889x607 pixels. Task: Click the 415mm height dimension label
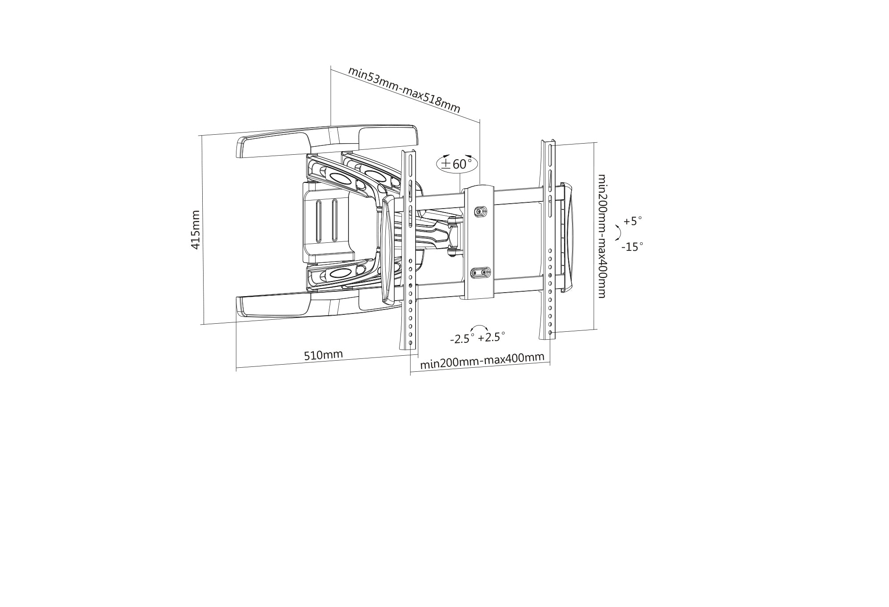click(x=196, y=229)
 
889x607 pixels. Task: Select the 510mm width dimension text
click(x=324, y=355)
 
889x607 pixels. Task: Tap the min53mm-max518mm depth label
click(x=404, y=90)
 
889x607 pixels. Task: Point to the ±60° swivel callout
click(x=457, y=164)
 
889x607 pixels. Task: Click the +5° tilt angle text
click(x=633, y=221)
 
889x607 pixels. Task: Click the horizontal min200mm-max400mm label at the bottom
click(x=482, y=361)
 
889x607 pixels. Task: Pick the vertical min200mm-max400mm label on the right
click(x=602, y=236)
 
